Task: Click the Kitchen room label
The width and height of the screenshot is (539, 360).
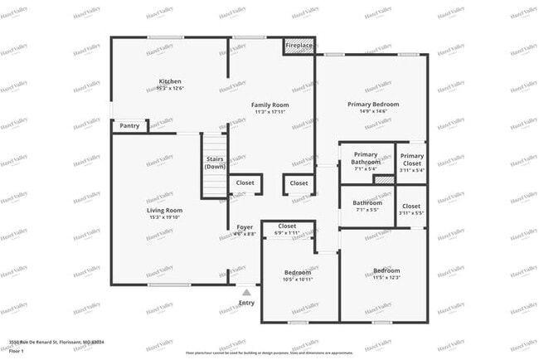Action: (x=171, y=81)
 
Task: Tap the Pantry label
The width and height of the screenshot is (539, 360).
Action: (x=129, y=126)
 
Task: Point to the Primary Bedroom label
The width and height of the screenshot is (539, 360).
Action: (x=373, y=104)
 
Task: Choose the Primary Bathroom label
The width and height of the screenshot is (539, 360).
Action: (x=366, y=158)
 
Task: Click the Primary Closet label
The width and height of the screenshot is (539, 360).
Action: (x=411, y=159)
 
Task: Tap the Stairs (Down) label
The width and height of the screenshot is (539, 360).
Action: (x=215, y=163)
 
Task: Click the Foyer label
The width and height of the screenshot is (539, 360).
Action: (x=245, y=226)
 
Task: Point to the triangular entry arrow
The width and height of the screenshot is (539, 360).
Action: (x=246, y=292)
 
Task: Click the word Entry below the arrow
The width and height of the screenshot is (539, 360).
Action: (x=246, y=303)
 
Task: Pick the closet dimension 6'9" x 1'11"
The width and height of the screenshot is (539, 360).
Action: (x=287, y=233)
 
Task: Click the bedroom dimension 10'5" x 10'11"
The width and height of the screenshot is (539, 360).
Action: (x=298, y=279)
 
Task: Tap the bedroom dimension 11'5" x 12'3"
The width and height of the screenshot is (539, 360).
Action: (x=386, y=277)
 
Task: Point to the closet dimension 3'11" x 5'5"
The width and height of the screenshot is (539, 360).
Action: (x=411, y=212)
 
